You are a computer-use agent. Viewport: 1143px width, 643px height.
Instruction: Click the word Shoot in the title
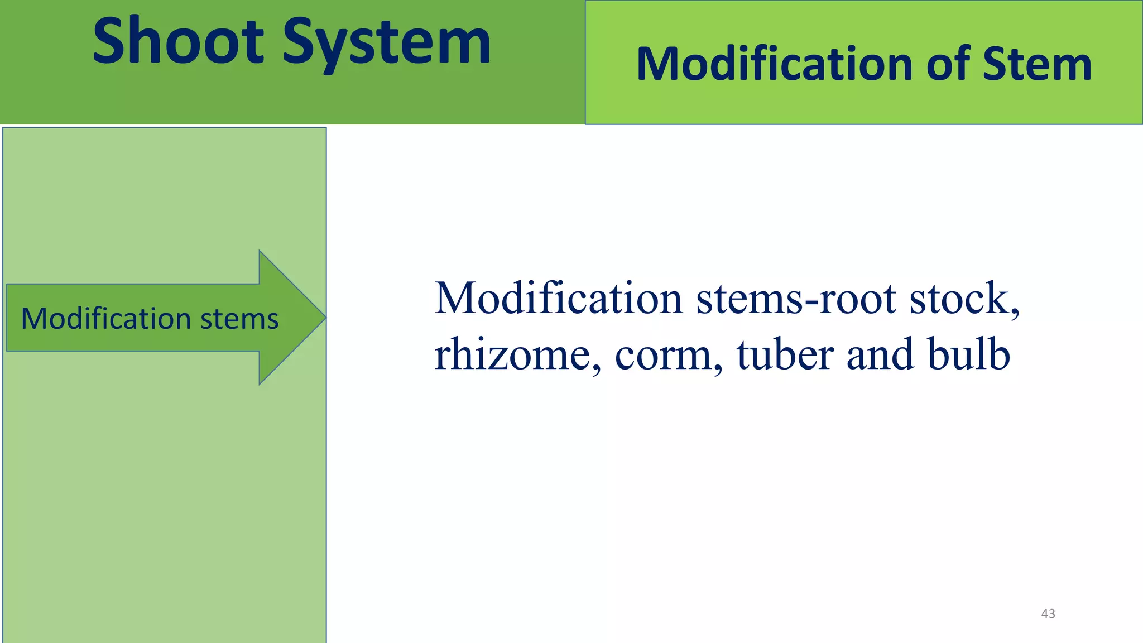(178, 41)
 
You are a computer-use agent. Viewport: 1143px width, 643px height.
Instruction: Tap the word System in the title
(386, 42)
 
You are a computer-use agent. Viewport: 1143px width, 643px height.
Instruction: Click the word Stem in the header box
(1036, 64)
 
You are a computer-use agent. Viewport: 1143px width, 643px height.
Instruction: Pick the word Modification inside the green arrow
(105, 319)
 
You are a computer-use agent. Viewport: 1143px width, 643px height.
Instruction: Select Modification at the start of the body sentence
(558, 298)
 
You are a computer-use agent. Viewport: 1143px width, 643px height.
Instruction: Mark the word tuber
(785, 354)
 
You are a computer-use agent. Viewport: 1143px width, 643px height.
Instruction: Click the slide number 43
(1048, 613)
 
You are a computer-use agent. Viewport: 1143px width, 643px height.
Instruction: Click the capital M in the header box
(656, 64)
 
